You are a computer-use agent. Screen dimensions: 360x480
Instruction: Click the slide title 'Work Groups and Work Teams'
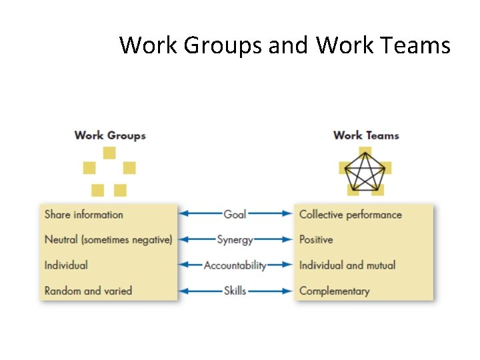coord(285,45)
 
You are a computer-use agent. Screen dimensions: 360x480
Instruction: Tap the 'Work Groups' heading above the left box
coord(110,135)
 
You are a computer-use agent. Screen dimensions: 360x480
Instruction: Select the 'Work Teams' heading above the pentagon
coord(366,135)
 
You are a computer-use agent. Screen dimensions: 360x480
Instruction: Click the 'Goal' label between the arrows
coord(235,214)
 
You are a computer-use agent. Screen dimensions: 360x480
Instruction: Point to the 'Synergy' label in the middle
coord(235,239)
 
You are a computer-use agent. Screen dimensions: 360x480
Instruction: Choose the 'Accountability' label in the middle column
coord(235,265)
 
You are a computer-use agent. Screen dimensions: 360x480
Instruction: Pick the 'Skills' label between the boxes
coord(235,291)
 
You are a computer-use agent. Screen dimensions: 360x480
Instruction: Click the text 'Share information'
coord(84,215)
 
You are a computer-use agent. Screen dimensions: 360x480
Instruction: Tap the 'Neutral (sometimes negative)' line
coord(108,239)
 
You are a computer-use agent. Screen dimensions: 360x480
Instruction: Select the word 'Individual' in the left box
coord(66,265)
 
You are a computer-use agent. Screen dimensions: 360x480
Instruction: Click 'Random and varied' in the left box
coord(88,291)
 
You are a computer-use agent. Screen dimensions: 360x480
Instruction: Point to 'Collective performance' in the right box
coord(351,215)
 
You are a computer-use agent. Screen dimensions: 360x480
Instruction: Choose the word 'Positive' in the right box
coord(316,239)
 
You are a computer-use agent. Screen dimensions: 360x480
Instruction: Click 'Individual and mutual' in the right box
coord(347,265)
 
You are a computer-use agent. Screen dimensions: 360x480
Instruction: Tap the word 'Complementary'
coord(334,291)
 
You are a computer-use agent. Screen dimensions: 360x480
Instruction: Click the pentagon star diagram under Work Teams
coord(365,172)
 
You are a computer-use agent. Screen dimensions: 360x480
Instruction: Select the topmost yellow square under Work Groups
coord(109,153)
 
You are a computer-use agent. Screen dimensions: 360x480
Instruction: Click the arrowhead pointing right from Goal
coord(287,214)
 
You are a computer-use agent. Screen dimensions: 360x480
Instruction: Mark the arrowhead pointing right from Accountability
coord(287,265)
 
